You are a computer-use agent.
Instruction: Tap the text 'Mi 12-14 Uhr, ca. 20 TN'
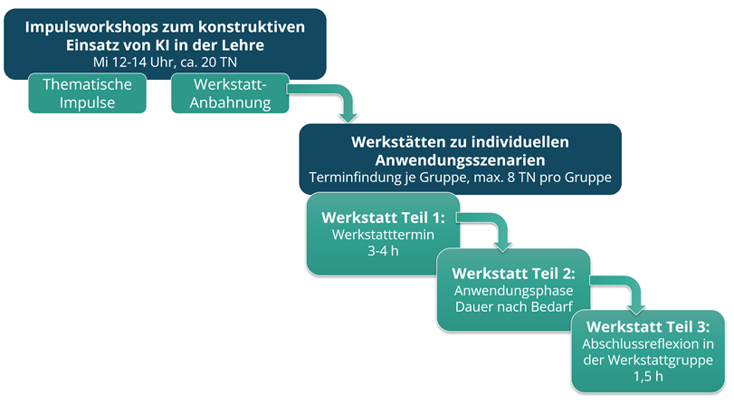(x=165, y=62)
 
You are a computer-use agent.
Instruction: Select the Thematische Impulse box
(x=87, y=92)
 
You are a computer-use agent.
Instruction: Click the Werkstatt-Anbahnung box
(x=230, y=92)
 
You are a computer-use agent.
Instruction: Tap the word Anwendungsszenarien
(x=460, y=159)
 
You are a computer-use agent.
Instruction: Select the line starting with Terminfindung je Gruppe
(x=460, y=178)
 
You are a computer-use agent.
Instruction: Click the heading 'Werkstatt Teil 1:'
(x=383, y=217)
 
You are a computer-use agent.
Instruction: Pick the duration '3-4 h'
(x=383, y=251)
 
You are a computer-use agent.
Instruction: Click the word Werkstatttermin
(x=383, y=235)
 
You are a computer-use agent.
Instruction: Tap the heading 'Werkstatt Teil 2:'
(x=513, y=274)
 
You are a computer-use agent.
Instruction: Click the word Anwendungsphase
(x=513, y=291)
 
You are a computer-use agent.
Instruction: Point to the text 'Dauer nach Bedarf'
(x=514, y=306)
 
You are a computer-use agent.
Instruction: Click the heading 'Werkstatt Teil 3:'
(x=648, y=327)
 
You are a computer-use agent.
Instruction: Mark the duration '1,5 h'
(x=648, y=376)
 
